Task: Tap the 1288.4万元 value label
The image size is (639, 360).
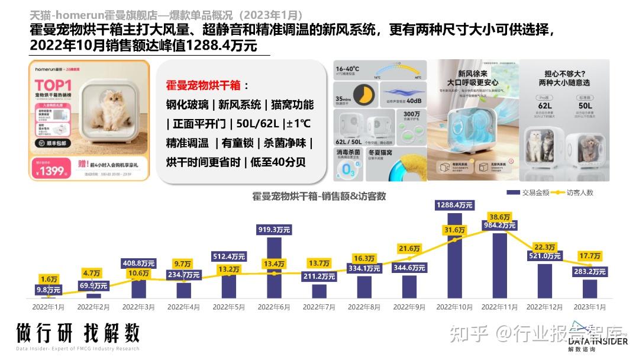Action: (454, 205)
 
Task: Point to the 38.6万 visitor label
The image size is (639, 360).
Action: (500, 217)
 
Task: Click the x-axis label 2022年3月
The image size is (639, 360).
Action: (138, 307)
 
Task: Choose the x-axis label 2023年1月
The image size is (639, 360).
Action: (590, 307)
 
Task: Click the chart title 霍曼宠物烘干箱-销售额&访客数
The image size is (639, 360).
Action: (319, 196)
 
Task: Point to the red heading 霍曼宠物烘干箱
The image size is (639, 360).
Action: (204, 85)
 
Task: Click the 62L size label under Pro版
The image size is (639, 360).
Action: (545, 106)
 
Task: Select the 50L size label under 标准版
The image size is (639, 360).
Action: (585, 106)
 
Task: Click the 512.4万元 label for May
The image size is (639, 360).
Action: (229, 256)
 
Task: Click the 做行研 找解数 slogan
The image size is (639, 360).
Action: (78, 333)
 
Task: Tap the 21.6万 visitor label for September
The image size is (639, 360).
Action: (410, 248)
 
